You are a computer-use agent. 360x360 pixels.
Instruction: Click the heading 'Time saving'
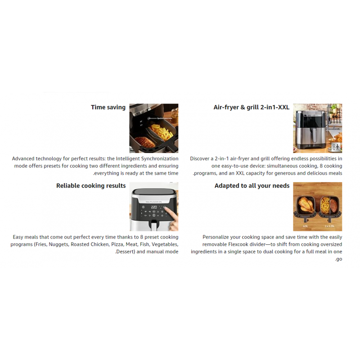point(108,107)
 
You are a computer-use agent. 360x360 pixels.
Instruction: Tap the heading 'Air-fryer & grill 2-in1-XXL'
point(252,107)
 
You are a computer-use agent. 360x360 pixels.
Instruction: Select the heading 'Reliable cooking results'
point(91,185)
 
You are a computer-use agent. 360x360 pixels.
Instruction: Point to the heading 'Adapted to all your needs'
point(252,185)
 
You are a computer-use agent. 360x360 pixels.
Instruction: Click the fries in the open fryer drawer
point(162,132)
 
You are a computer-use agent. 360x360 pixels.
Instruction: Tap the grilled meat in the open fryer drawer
point(144,142)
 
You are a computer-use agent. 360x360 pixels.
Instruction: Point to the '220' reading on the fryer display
point(154,207)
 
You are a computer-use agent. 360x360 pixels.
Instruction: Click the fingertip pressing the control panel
point(165,209)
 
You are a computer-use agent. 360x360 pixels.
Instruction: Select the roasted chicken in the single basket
point(306,205)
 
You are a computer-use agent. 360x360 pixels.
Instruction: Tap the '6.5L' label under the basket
point(306,226)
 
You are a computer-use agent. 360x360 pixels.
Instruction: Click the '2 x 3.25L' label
point(329,226)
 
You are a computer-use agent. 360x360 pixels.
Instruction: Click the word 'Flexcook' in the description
point(238,244)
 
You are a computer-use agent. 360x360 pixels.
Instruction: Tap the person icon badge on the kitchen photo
point(336,147)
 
